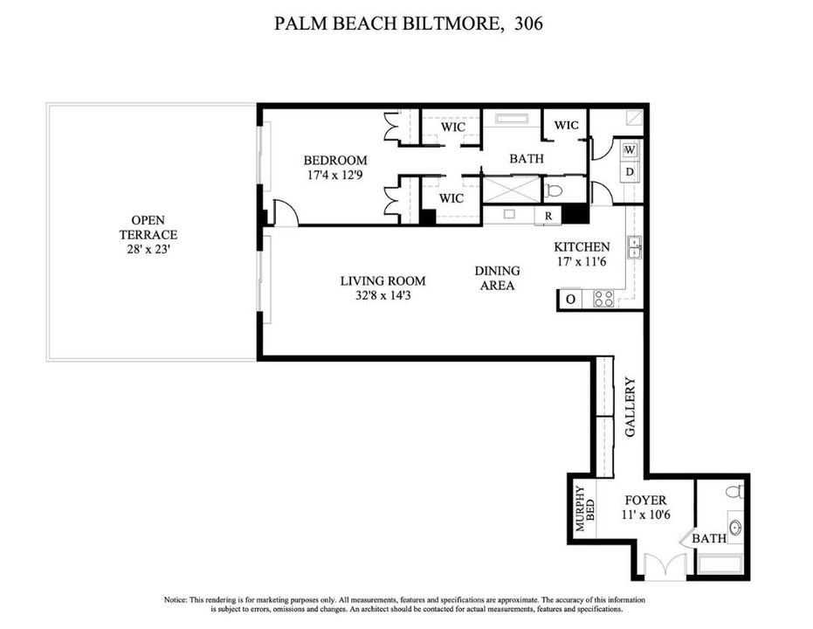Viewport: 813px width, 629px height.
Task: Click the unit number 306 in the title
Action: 527,24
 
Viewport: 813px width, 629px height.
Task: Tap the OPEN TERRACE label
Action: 148,228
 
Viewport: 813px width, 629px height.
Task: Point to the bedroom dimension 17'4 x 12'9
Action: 335,175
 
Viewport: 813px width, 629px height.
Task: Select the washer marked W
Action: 630,150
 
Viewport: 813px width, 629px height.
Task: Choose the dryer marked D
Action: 630,171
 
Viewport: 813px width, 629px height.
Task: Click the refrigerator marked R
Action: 548,216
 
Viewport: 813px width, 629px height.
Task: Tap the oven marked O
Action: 570,300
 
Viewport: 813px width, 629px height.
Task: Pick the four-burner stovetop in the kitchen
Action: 603,299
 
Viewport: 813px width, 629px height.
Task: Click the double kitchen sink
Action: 636,247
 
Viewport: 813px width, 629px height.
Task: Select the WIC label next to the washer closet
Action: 566,126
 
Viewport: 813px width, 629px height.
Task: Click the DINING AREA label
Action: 497,278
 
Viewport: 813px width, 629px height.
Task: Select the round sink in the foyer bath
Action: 734,527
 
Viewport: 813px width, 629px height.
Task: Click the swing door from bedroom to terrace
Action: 285,212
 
